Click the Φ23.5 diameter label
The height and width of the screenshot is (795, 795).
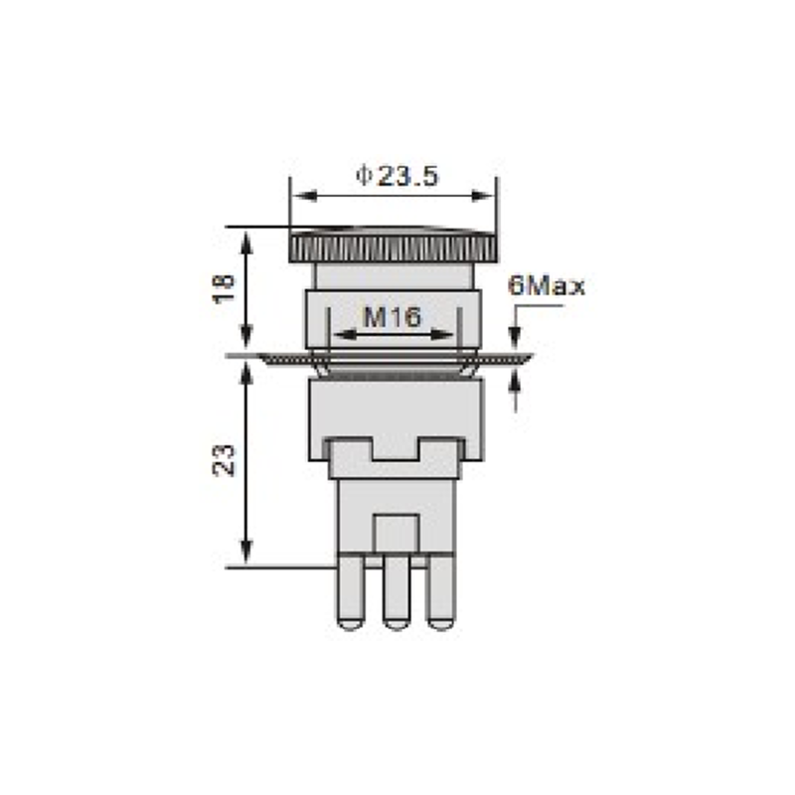coord(397,176)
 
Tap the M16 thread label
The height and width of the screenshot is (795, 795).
coord(393,317)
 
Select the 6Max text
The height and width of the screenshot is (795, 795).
coord(547,286)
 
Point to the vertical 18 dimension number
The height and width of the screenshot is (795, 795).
coord(224,288)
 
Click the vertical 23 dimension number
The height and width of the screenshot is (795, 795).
coord(224,460)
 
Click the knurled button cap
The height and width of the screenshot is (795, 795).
coord(393,245)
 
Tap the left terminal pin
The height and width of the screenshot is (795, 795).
coord(351,593)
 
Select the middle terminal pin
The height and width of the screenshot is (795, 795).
coord(397,593)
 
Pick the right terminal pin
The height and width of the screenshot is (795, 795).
coord(442,593)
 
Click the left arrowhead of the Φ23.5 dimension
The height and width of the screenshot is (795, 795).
coord(305,196)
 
